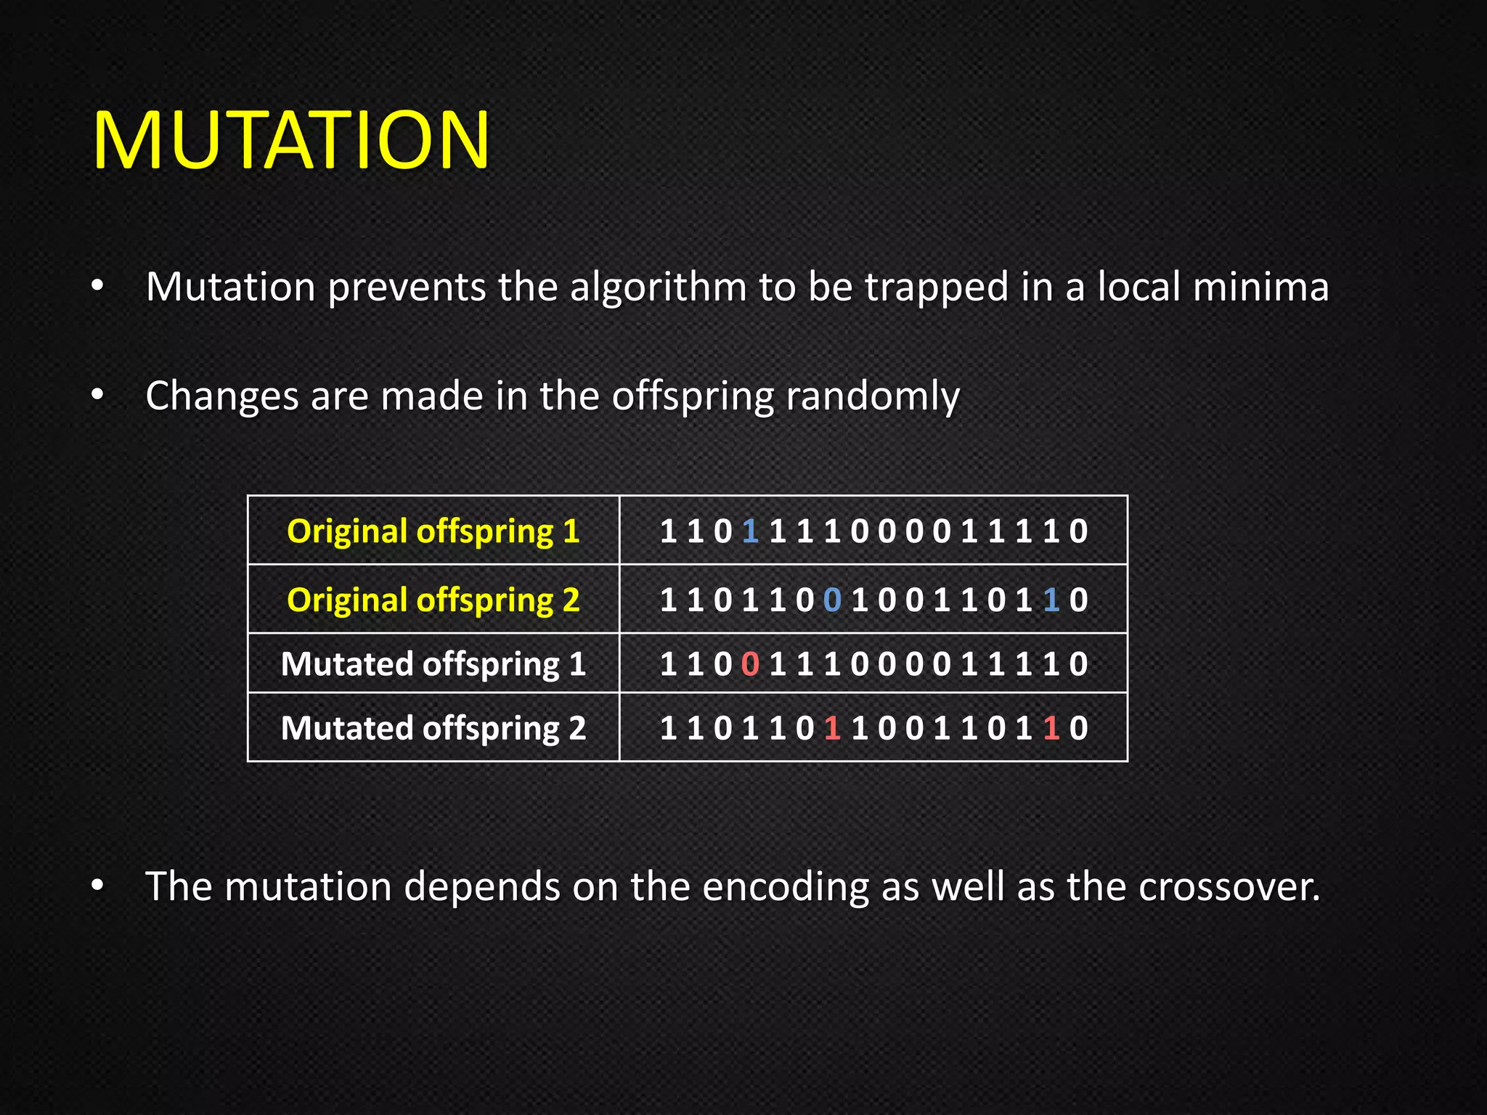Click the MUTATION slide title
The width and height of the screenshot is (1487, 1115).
(x=291, y=140)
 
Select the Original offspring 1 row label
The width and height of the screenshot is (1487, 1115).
(x=433, y=531)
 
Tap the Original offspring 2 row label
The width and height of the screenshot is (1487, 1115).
(x=433, y=600)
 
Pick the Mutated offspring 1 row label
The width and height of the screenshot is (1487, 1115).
(x=433, y=664)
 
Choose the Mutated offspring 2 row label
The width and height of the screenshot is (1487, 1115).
(x=433, y=728)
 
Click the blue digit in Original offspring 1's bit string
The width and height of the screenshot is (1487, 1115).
(x=751, y=531)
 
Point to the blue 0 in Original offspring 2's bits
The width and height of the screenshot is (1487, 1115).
(x=832, y=600)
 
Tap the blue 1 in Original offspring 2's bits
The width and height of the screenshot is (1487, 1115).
(x=1051, y=600)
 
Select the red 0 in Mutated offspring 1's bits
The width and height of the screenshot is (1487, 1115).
(x=751, y=664)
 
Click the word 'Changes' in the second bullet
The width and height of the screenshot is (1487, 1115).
(x=222, y=397)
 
